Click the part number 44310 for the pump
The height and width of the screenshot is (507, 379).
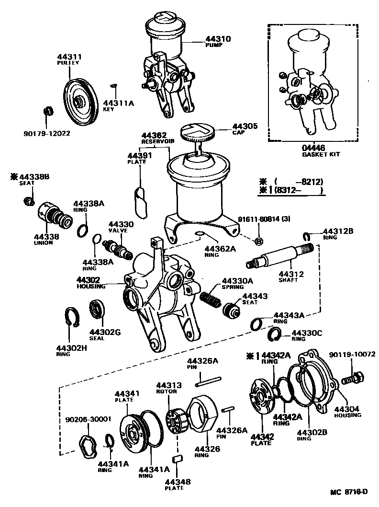tap(218, 39)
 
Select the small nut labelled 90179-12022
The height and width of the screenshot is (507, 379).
tap(47, 112)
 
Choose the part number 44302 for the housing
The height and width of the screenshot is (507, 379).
tap(88, 280)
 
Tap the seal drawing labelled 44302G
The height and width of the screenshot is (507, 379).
tap(98, 308)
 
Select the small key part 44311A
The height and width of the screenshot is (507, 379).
tap(113, 86)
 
